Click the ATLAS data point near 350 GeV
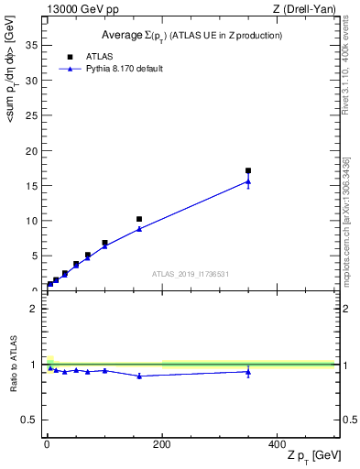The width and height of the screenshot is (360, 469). pos(248,170)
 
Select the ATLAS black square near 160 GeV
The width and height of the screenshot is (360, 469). pos(139,219)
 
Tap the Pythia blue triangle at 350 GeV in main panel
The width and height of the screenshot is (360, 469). pos(248,181)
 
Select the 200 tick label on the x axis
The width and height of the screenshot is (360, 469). pos(162,443)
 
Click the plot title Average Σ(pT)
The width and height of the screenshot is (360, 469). pos(191,35)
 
